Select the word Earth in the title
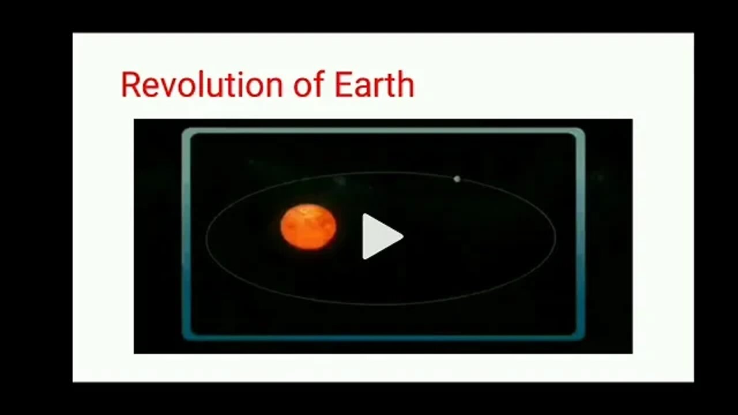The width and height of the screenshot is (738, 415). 374,85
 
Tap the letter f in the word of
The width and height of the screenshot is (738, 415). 321,84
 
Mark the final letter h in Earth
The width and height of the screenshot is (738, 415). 406,85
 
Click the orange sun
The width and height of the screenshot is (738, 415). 308,227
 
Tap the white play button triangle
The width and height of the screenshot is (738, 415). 379,236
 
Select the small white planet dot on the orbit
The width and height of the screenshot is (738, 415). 457,179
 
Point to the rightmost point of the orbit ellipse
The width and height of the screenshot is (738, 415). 556,237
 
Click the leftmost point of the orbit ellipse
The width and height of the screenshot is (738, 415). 206,237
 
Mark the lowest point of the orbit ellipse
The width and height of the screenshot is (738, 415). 381,304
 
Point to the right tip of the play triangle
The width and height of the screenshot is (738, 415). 402,236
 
